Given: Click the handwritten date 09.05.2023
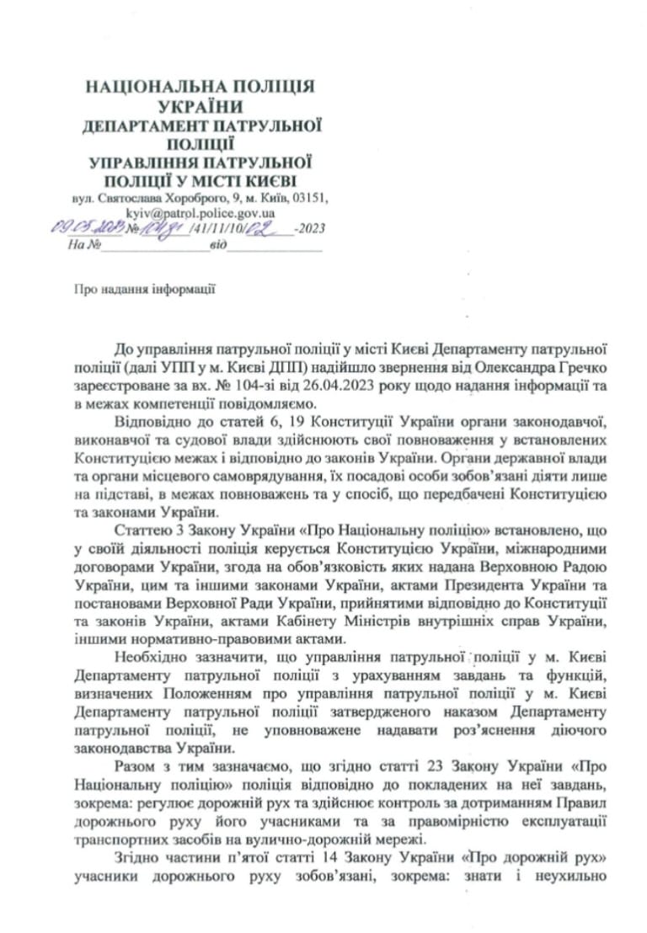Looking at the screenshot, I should click(x=86, y=229).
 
